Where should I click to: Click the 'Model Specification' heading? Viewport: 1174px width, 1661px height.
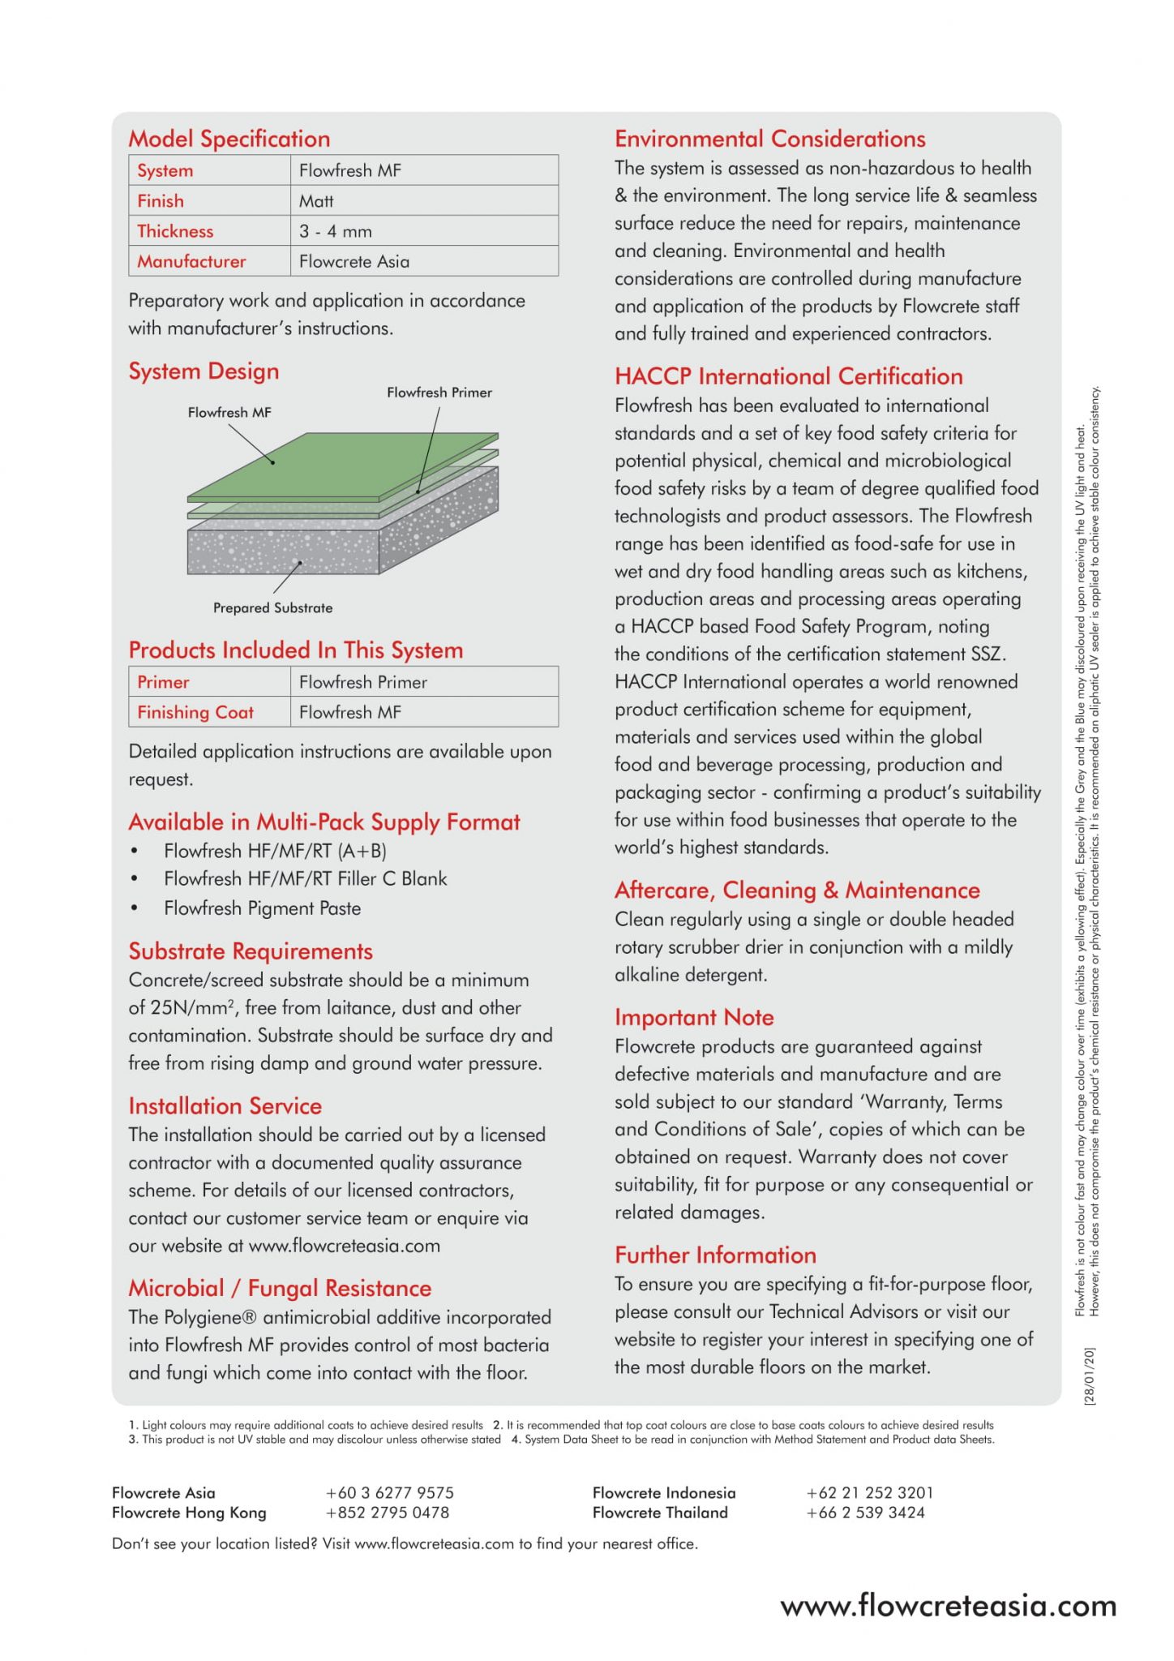(229, 139)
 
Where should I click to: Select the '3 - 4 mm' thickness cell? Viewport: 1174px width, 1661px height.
(335, 231)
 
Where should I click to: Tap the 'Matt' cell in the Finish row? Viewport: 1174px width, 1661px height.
(316, 201)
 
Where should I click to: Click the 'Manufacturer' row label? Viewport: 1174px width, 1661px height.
(191, 261)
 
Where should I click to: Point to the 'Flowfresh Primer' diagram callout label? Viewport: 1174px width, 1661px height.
(439, 393)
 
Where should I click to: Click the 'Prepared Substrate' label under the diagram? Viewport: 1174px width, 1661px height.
(272, 607)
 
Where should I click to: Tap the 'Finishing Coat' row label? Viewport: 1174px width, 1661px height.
(195, 712)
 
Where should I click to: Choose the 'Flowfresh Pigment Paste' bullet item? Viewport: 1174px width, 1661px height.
(262, 908)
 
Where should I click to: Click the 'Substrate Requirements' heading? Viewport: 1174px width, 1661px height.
(251, 951)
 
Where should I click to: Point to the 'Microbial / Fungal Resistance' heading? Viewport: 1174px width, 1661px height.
(280, 1288)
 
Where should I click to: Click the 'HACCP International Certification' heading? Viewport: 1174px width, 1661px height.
(788, 376)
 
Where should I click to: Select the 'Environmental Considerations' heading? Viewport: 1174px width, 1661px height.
(769, 139)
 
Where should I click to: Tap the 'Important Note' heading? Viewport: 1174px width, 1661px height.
(694, 1017)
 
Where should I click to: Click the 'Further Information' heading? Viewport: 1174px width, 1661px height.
(715, 1255)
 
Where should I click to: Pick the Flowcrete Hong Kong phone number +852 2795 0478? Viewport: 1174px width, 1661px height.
(387, 1513)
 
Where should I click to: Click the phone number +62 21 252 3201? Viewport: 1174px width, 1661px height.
(869, 1492)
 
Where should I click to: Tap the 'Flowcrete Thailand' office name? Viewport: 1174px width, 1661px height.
(660, 1513)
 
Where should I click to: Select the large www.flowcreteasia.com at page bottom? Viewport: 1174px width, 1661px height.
(948, 1606)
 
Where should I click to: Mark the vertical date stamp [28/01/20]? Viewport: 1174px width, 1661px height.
(1089, 1376)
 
